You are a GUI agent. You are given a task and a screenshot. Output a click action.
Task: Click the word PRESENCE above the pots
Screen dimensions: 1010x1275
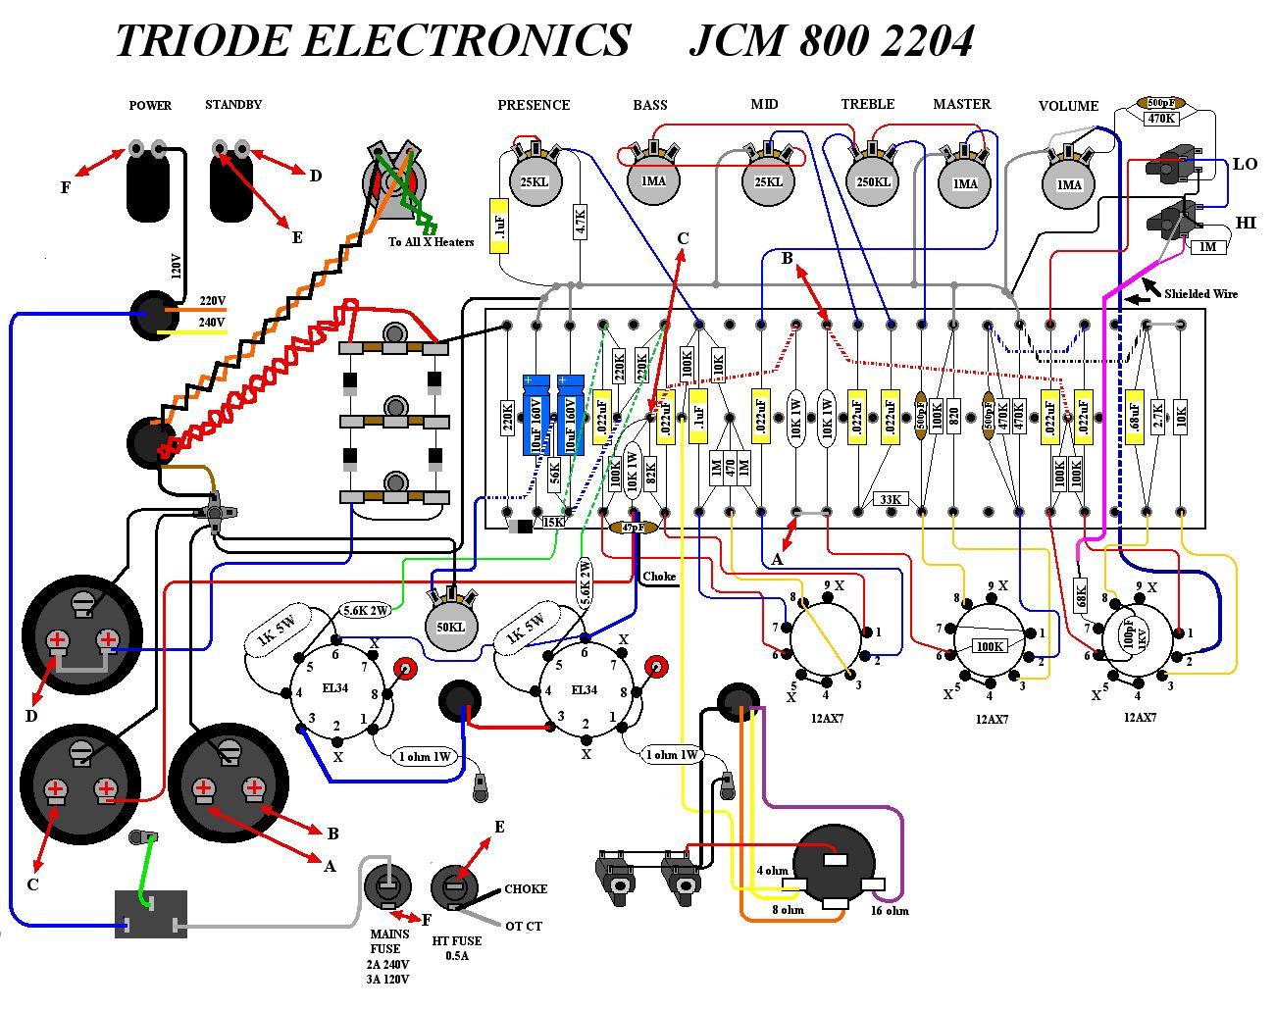point(534,105)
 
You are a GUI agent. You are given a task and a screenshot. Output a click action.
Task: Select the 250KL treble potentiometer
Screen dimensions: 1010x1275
point(872,182)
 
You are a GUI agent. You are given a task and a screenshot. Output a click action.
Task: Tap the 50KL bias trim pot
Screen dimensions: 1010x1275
point(450,626)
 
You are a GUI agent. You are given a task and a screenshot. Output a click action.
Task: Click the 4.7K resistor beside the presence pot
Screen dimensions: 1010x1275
point(579,225)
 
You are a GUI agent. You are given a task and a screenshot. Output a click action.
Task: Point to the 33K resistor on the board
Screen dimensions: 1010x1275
point(890,499)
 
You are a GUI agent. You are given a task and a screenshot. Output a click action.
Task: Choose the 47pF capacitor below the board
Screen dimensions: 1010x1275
point(634,528)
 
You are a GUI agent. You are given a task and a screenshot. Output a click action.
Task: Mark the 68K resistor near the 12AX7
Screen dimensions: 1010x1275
point(1081,593)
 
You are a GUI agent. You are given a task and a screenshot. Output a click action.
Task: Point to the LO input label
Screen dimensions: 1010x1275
point(1245,164)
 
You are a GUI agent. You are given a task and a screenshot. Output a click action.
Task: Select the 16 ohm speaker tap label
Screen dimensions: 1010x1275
point(889,910)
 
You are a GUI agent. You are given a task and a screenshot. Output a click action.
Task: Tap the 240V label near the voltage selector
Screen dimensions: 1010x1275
point(212,323)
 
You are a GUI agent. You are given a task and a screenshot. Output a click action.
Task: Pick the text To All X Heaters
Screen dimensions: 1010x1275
point(431,242)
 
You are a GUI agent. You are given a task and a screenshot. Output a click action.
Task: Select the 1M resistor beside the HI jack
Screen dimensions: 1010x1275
point(1208,247)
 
